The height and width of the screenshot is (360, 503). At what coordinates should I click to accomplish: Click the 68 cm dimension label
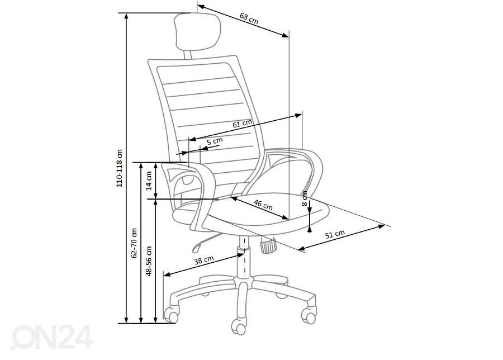249,18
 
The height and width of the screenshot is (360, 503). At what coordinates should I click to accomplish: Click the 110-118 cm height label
120,168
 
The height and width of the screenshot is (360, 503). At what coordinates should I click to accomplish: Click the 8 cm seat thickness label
305,198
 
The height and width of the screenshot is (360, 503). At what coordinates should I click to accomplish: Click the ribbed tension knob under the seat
269,245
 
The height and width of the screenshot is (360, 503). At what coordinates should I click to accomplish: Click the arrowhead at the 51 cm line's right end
382,226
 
